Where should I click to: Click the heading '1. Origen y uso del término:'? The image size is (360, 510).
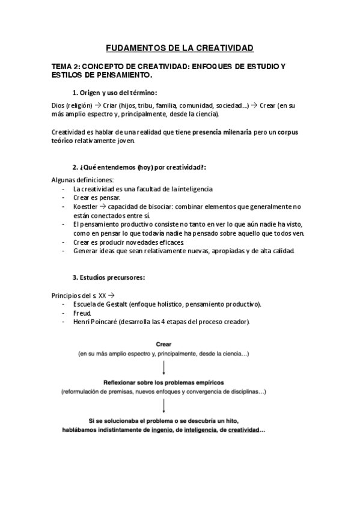pos(114,92)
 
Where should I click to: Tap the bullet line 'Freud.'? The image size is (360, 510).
pos(82,313)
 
